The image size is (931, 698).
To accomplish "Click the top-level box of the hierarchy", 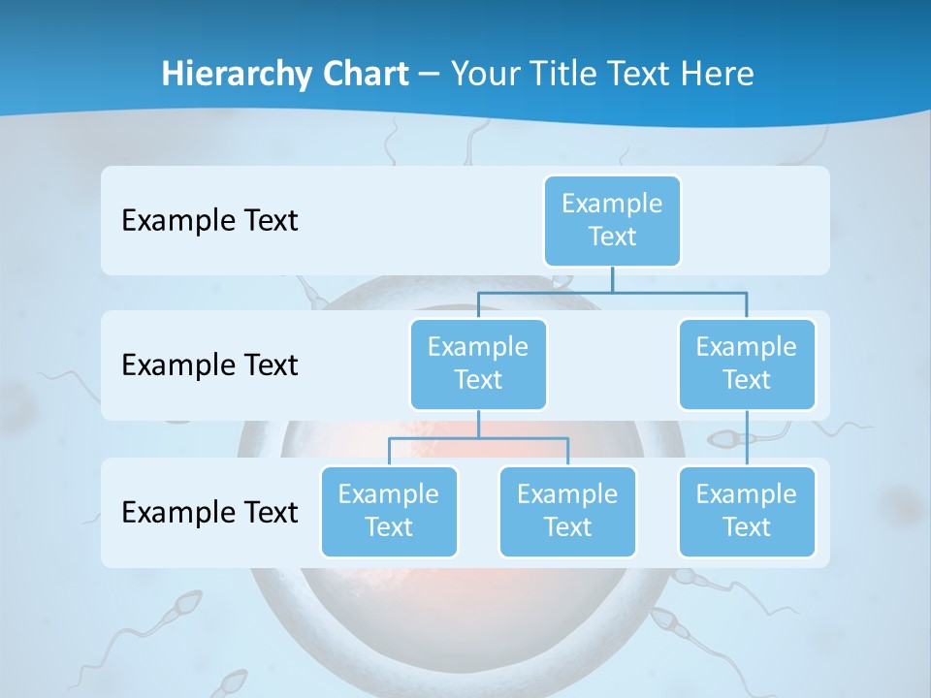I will (x=612, y=221).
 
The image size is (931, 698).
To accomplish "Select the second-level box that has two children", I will (x=478, y=365).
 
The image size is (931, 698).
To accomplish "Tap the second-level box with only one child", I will (x=747, y=365).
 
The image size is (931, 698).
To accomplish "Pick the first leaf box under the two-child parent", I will (x=389, y=512).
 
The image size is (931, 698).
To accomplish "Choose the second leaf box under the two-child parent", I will (x=567, y=512).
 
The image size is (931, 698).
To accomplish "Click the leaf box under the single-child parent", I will (x=747, y=512).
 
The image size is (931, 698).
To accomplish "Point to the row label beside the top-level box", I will (x=209, y=221).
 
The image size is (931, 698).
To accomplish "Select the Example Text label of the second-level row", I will (x=209, y=365).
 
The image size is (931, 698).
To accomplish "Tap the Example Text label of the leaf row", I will (x=209, y=512).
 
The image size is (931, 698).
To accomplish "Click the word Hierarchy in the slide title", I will (x=235, y=74).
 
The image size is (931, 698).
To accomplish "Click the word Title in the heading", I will (x=562, y=74).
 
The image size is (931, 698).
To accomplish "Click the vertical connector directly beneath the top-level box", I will (x=612, y=279).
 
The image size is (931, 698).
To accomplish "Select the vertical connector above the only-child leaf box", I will (x=747, y=438).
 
